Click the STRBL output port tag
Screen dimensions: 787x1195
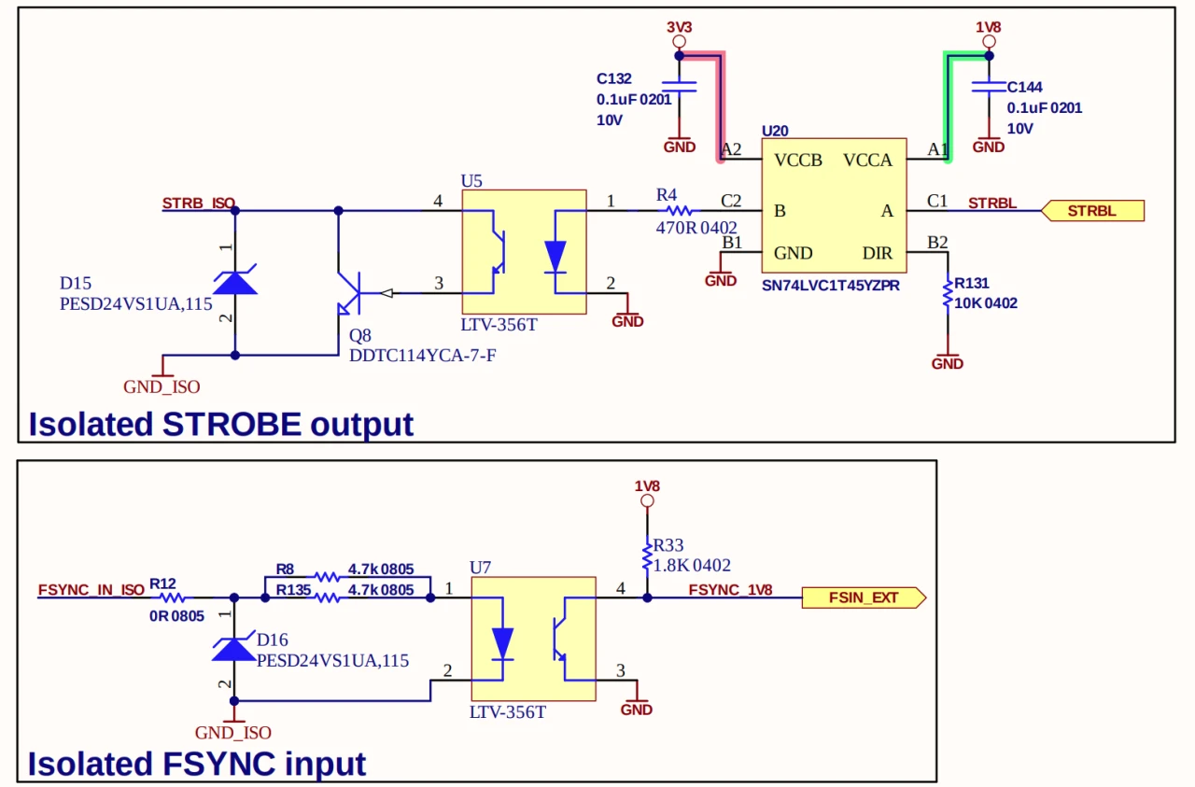(1091, 211)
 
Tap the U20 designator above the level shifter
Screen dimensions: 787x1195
(775, 131)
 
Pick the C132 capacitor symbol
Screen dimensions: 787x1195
(680, 86)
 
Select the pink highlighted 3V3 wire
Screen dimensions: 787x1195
(719, 103)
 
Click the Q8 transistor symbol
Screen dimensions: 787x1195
(352, 292)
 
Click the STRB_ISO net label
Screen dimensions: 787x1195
(198, 203)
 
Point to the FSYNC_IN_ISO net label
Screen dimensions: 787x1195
(91, 590)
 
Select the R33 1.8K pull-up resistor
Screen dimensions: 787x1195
(646, 556)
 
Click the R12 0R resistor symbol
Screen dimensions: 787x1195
(171, 597)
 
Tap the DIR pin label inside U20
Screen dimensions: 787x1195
(877, 253)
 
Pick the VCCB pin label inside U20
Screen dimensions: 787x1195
(797, 161)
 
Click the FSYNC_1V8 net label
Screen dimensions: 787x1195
(730, 590)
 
